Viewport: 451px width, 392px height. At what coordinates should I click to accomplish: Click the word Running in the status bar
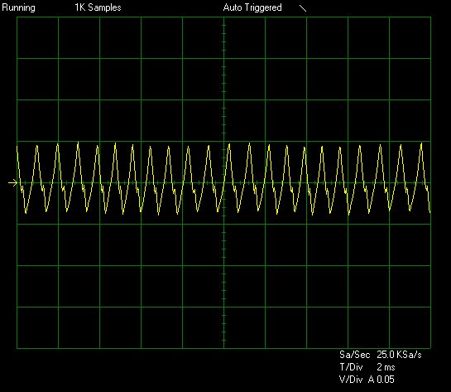click(x=19, y=7)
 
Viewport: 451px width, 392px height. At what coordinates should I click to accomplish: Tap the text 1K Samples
click(x=98, y=7)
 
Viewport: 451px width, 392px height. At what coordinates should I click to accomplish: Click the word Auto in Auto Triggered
click(x=233, y=7)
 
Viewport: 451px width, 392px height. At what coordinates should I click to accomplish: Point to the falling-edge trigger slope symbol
click(x=303, y=8)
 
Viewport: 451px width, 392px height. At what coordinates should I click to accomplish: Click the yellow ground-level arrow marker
click(x=12, y=182)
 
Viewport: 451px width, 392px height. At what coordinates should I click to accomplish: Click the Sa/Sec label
click(x=354, y=355)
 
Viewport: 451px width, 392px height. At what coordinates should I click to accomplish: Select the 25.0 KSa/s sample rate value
click(x=399, y=355)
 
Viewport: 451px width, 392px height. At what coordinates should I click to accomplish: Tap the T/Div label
click(x=351, y=367)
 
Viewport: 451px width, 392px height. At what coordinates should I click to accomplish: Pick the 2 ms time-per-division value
click(x=386, y=367)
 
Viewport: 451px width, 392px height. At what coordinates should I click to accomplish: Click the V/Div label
click(x=351, y=380)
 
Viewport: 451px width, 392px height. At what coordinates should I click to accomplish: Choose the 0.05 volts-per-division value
click(x=386, y=380)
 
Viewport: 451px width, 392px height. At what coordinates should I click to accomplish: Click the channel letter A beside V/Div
click(x=372, y=380)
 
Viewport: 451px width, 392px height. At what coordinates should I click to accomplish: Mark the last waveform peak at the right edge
click(x=421, y=143)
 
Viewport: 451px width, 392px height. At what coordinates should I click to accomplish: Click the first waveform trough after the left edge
click(x=26, y=213)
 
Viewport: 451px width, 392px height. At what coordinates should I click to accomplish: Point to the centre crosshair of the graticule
click(x=223, y=182)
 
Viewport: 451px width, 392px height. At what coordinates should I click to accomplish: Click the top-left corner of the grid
click(x=17, y=17)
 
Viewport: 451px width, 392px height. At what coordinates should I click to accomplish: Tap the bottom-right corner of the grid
click(x=430, y=348)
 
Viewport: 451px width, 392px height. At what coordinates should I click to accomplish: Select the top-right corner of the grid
click(x=430, y=17)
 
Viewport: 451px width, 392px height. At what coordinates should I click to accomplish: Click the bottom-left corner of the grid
click(x=17, y=348)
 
